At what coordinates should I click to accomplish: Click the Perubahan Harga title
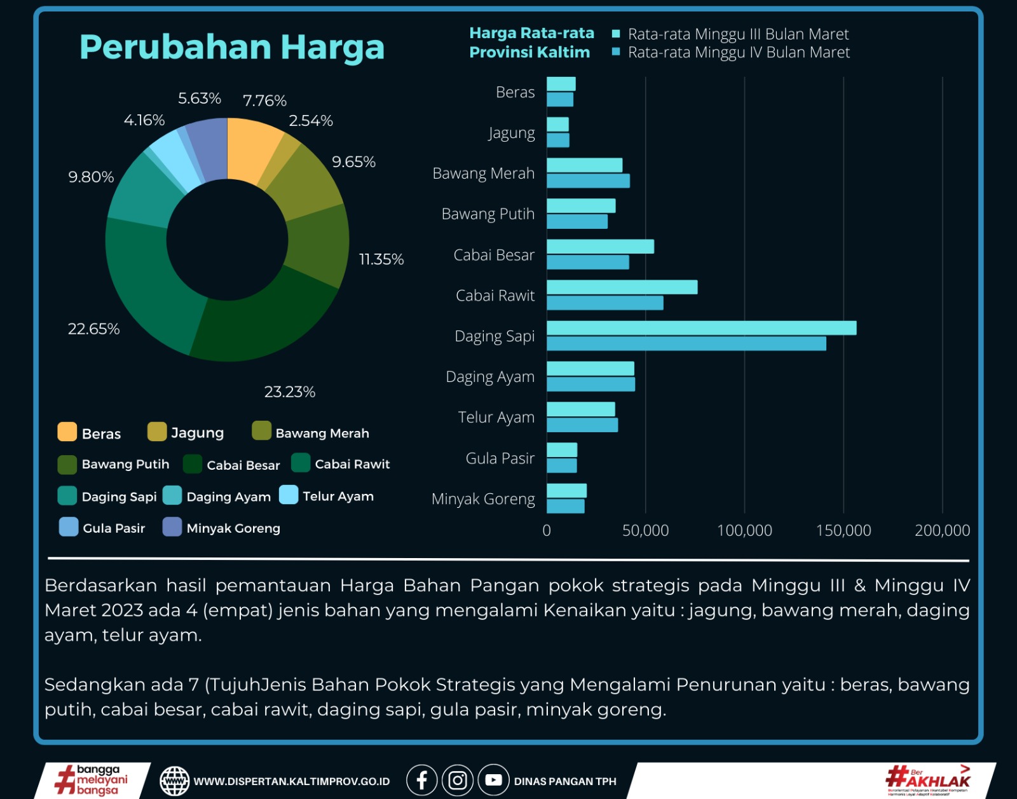click(x=232, y=48)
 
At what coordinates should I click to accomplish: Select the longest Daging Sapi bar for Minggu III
click(x=700, y=328)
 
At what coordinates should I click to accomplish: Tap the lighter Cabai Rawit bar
click(x=622, y=287)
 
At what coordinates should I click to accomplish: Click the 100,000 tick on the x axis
click(x=744, y=530)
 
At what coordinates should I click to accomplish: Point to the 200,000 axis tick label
click(x=942, y=530)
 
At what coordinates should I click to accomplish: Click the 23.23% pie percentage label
click(x=290, y=392)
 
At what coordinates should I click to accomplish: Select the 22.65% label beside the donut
click(x=93, y=329)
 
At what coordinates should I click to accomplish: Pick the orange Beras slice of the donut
click(x=253, y=149)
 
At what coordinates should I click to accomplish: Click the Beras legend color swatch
click(x=67, y=432)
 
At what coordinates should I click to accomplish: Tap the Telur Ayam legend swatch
click(x=289, y=495)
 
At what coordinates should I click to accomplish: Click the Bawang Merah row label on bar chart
click(x=483, y=174)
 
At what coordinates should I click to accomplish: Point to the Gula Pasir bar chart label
click(x=500, y=458)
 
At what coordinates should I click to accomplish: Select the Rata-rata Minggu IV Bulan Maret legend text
click(x=739, y=53)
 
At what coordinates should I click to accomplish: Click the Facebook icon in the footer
click(x=421, y=780)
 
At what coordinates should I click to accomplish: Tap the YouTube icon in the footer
click(x=493, y=780)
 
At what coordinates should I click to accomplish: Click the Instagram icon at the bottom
click(x=458, y=780)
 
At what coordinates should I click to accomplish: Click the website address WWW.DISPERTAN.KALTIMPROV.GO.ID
click(x=291, y=781)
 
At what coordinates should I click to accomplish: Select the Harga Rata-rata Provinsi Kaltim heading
click(x=531, y=43)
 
